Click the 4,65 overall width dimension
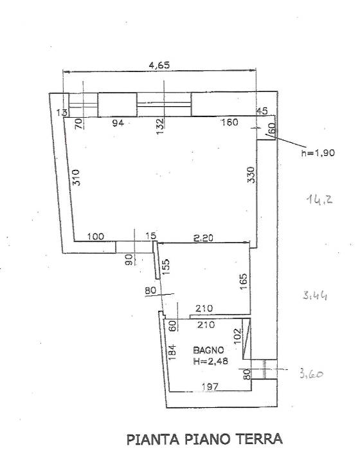click(159, 65)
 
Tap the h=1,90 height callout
click(318, 152)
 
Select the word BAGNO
click(208, 350)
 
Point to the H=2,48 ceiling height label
click(211, 361)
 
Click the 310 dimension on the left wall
click(76, 178)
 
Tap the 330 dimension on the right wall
click(251, 174)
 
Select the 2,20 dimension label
click(203, 238)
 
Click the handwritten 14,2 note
click(319, 199)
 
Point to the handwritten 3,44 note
click(315, 295)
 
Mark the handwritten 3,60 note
click(311, 374)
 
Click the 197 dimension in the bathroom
click(210, 387)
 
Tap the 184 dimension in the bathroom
click(172, 353)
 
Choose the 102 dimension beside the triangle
click(237, 336)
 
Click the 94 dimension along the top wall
click(118, 123)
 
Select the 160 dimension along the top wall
click(230, 122)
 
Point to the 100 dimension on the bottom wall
click(95, 236)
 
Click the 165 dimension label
click(243, 281)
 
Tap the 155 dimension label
click(166, 267)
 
